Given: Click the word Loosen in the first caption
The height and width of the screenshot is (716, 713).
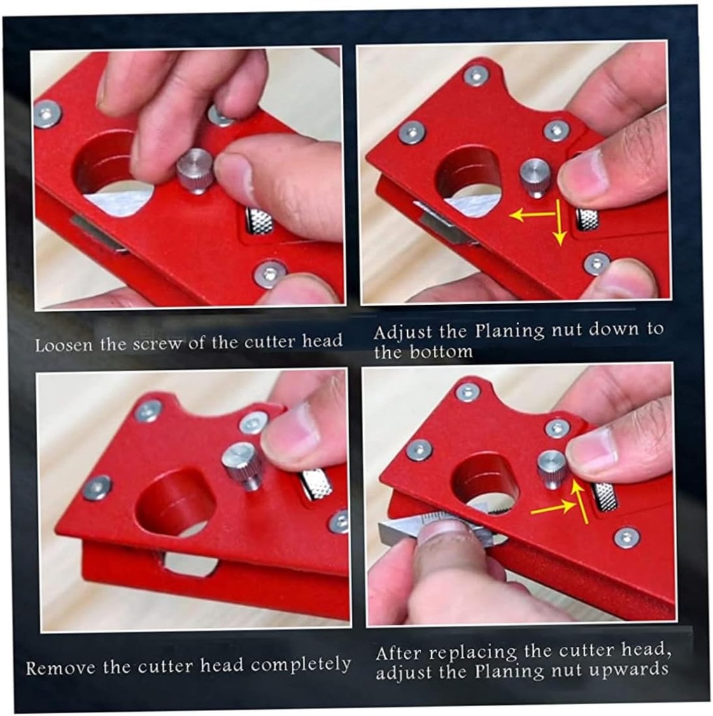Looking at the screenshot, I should tap(59, 345).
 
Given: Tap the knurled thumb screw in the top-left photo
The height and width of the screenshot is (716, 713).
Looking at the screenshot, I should tap(194, 170).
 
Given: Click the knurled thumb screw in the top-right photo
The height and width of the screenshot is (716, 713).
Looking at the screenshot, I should tap(535, 177).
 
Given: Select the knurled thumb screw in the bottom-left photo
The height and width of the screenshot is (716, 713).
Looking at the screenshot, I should tap(242, 464).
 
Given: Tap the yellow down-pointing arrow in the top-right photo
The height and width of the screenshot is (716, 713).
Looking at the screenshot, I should tap(559, 224).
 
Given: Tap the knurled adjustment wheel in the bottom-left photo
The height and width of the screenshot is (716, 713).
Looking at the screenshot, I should tap(316, 484).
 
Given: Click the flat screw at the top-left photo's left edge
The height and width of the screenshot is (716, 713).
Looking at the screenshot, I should tap(47, 113).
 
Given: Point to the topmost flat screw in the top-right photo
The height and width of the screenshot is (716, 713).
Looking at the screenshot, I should tap(476, 76).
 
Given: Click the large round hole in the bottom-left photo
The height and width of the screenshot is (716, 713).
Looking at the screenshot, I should tap(175, 501).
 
